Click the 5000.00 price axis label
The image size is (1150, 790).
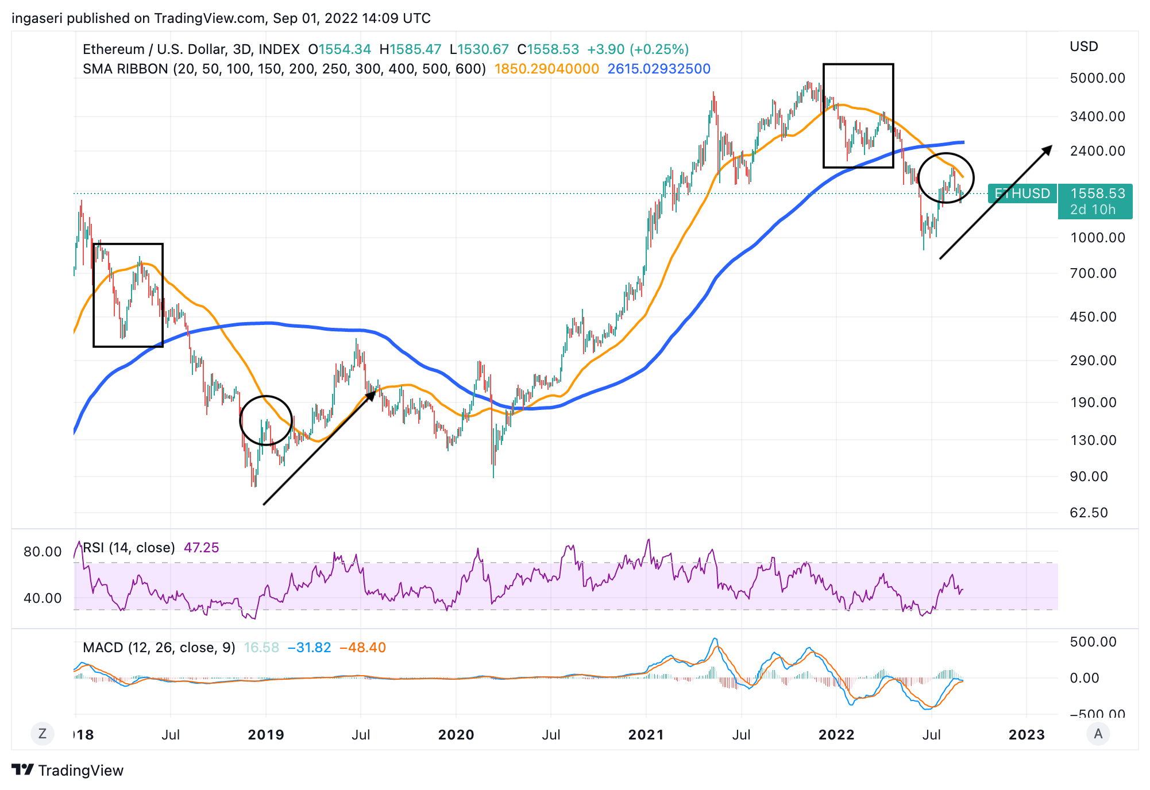point(1097,78)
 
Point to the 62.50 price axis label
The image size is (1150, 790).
point(1089,513)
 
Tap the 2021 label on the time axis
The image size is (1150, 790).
point(646,735)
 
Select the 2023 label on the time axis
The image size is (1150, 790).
point(1026,735)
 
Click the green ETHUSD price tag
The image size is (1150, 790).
point(1022,193)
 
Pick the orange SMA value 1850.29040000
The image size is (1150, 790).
point(546,69)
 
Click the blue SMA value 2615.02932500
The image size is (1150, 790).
point(659,69)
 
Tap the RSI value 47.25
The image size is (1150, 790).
point(201,548)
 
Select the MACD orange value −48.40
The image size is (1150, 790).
point(362,648)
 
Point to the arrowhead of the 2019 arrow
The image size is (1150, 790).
point(372,394)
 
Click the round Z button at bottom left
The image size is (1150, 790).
point(43,734)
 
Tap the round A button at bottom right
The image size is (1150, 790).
point(1098,734)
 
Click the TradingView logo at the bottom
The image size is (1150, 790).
point(68,770)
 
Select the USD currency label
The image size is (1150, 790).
point(1083,47)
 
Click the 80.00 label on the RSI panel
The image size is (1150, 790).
point(42,552)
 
